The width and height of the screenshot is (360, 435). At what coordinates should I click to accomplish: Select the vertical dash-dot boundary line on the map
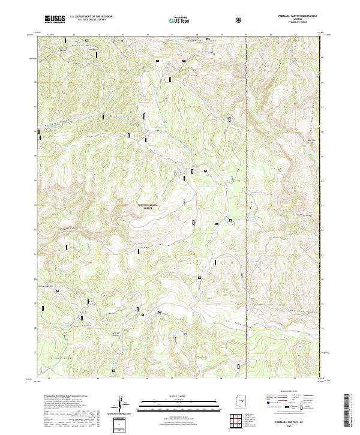247,180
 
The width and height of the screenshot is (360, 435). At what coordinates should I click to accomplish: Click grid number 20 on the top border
247,35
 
